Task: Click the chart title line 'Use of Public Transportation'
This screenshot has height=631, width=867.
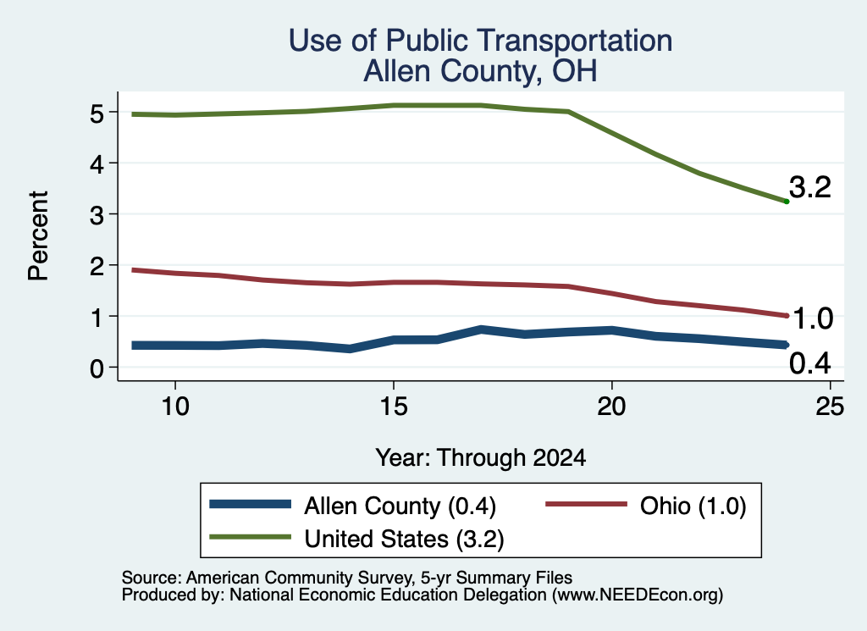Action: [x=481, y=41]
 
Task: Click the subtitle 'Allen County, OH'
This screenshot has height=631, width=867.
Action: [x=481, y=71]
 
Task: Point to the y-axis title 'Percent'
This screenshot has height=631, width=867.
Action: [x=39, y=236]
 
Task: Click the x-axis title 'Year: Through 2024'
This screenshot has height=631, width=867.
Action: [x=481, y=458]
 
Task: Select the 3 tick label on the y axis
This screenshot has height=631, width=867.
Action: [x=97, y=214]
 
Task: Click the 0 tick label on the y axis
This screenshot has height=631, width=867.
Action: [x=97, y=368]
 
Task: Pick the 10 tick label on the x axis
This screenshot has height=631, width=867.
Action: [x=174, y=407]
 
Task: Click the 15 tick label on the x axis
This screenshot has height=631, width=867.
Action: [x=393, y=407]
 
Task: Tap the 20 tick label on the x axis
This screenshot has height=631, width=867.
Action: [x=611, y=407]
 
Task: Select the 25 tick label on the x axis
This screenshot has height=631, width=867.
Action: [x=830, y=407]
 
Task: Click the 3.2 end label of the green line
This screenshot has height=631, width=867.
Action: [x=810, y=187]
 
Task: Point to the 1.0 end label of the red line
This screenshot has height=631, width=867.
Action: [x=812, y=318]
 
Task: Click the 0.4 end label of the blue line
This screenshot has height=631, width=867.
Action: [x=810, y=363]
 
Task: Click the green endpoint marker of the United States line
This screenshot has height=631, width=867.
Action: [x=787, y=202]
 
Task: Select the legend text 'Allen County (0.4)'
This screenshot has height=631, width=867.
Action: [x=400, y=506]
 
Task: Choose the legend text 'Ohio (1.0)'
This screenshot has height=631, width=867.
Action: [x=693, y=506]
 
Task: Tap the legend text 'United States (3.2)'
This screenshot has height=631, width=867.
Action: [x=404, y=540]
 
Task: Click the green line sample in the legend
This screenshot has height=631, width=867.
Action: [x=251, y=537]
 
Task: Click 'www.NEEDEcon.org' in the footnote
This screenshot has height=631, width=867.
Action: [x=638, y=595]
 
